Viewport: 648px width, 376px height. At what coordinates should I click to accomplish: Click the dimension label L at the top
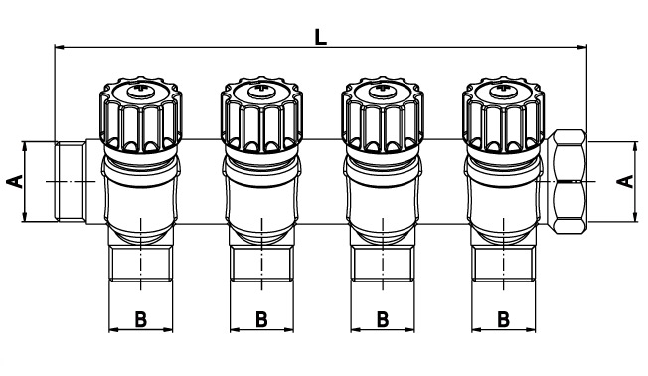(319, 36)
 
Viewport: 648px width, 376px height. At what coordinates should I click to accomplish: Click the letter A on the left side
(14, 180)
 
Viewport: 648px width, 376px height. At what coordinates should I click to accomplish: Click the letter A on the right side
(623, 180)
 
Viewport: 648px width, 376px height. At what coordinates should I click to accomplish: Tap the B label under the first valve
(140, 319)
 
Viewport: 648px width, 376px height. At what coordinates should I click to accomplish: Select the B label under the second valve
(261, 319)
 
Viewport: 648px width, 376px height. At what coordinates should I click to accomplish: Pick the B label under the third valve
(383, 319)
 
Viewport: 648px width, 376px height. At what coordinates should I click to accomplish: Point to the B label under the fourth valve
(503, 319)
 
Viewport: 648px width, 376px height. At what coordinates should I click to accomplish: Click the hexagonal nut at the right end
(570, 180)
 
